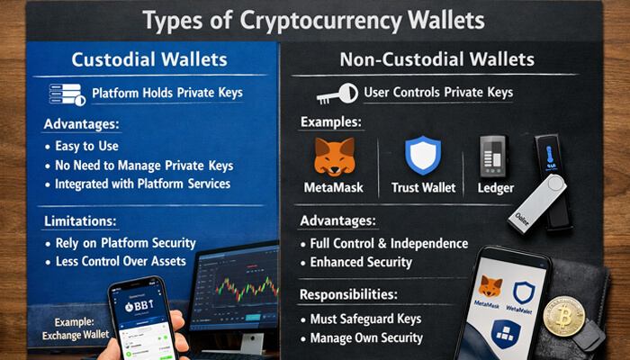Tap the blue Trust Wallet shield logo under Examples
(422, 156)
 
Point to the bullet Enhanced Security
(361, 262)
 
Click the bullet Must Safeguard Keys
(365, 319)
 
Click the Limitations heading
(82, 220)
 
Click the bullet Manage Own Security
(364, 338)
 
